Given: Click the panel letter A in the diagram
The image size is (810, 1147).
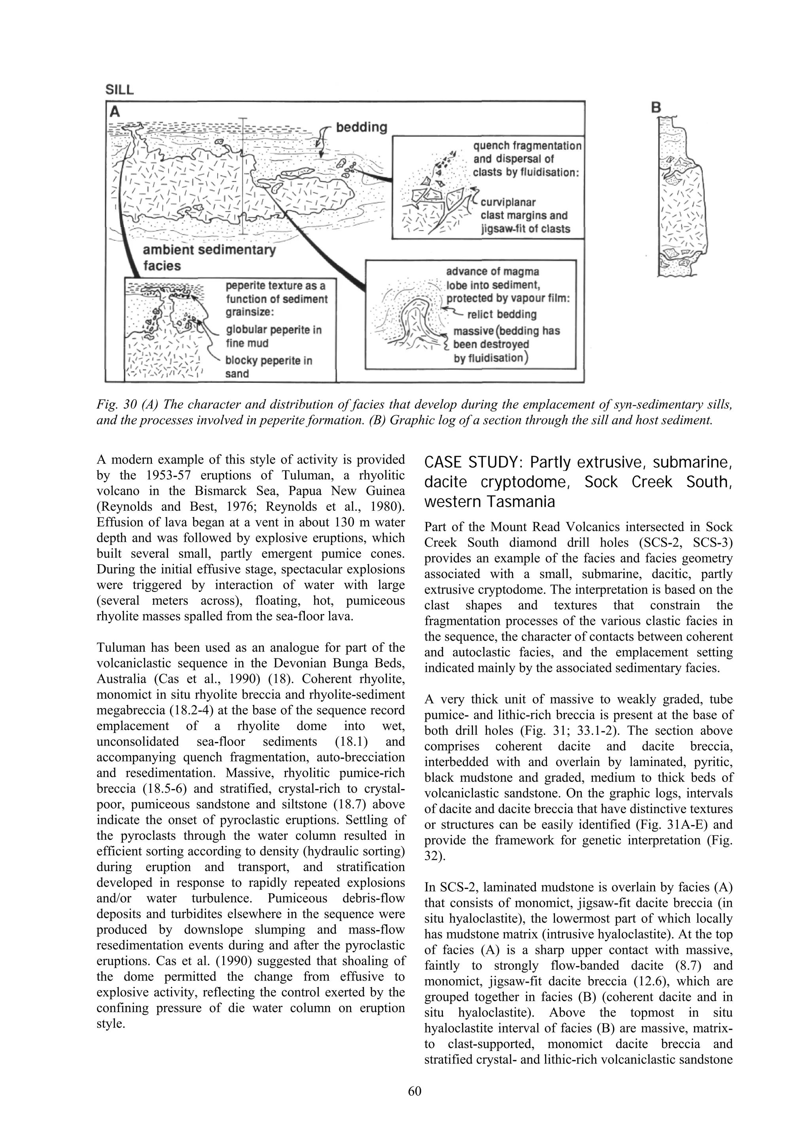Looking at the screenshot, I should coord(115,112).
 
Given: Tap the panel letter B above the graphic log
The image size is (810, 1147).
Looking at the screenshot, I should coord(657,107).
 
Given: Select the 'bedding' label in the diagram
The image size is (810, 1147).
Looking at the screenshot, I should coord(361,127).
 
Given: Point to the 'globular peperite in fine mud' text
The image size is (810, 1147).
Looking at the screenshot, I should coord(273,336).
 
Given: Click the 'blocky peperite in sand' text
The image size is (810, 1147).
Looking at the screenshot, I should coord(269,367).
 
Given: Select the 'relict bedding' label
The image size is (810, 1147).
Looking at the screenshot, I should coord(502,314).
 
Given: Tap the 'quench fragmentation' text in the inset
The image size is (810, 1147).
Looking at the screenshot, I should coord(527,146).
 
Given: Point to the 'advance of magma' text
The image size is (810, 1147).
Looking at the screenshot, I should coord(492,272).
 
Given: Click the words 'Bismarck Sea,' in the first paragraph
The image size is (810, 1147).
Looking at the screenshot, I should coord(227,491).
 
